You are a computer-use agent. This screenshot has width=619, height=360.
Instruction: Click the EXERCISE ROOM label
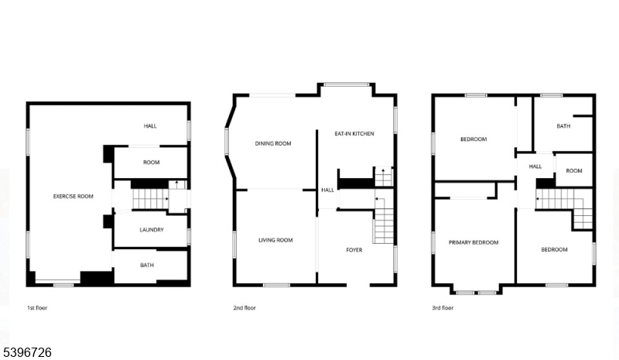pyautogui.click(x=73, y=197)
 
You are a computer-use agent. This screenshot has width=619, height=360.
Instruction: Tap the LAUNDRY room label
pyautogui.click(x=152, y=230)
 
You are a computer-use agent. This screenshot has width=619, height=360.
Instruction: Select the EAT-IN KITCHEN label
pyautogui.click(x=354, y=134)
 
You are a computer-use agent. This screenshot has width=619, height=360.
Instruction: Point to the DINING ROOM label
pyautogui.click(x=273, y=143)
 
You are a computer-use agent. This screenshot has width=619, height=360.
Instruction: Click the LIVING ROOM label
pyautogui.click(x=275, y=240)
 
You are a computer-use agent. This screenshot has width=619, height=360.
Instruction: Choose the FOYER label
pyautogui.click(x=354, y=250)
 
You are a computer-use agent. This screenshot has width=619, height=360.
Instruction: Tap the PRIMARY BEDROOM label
pyautogui.click(x=474, y=242)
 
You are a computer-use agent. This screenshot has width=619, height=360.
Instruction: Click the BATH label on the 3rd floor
pyautogui.click(x=563, y=126)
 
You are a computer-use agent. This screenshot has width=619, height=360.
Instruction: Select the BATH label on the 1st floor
pyautogui.click(x=147, y=265)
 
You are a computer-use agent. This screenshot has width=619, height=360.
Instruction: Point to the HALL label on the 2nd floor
pyautogui.click(x=327, y=190)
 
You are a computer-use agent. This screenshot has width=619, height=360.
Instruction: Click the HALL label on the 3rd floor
pyautogui.click(x=535, y=166)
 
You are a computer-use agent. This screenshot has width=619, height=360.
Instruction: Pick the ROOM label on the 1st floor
pyautogui.click(x=151, y=162)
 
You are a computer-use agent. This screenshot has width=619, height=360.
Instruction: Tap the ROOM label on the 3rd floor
pyautogui.click(x=574, y=171)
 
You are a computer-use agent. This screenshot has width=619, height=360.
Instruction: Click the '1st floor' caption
pyautogui.click(x=37, y=308)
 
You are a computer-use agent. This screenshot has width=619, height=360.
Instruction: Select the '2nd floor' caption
pyautogui.click(x=245, y=308)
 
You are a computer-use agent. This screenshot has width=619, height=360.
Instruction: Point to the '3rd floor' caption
pyautogui.click(x=443, y=308)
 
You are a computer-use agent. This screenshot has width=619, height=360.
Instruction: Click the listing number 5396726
pyautogui.click(x=27, y=352)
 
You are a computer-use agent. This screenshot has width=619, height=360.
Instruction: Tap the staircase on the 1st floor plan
pyautogui.click(x=150, y=199)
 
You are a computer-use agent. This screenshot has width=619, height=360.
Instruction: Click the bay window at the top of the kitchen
pyautogui.click(x=346, y=84)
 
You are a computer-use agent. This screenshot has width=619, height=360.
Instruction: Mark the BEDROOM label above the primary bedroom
pyautogui.click(x=474, y=139)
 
